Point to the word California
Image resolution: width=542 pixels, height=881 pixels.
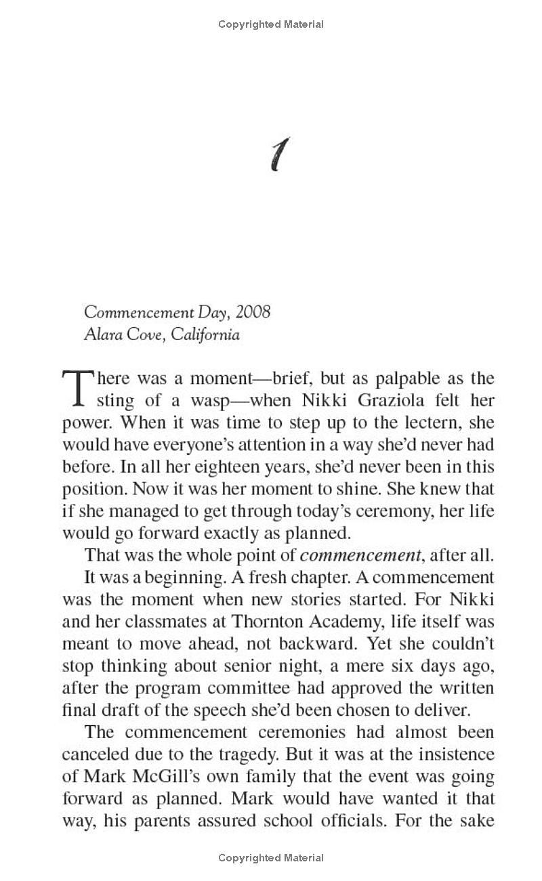(x=205, y=335)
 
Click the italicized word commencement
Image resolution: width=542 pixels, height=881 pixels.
(x=360, y=556)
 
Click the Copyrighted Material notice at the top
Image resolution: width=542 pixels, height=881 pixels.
(x=271, y=24)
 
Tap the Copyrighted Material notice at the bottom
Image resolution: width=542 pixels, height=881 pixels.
(x=271, y=858)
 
